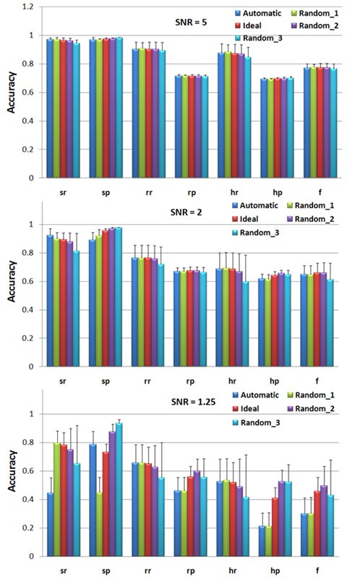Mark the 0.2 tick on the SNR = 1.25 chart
click(x=30, y=528)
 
